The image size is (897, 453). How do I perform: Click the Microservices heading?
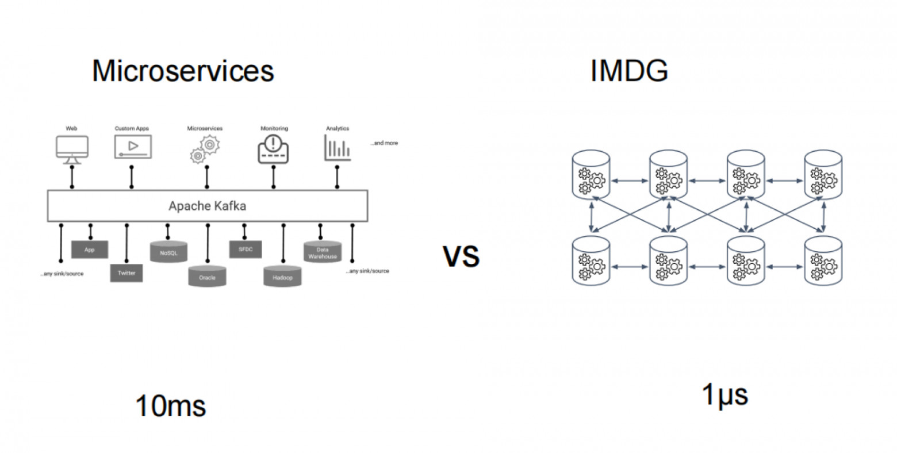(183, 71)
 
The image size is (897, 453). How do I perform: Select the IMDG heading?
(629, 71)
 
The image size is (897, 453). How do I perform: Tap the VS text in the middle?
(461, 256)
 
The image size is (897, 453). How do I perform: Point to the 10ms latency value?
(170, 406)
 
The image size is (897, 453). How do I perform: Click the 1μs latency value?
(724, 395)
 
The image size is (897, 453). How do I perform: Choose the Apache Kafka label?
(207, 206)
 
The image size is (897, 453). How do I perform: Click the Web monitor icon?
(72, 147)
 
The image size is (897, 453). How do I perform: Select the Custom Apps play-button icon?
(132, 147)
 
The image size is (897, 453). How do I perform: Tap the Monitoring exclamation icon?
(273, 148)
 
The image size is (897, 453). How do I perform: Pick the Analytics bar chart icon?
(337, 148)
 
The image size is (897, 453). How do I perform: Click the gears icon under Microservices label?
(205, 149)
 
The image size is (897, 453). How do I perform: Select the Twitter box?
(126, 273)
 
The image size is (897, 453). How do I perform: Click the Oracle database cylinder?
(207, 277)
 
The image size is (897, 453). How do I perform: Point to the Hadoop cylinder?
(282, 277)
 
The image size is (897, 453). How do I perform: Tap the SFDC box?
(246, 249)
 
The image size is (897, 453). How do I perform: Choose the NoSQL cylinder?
(168, 252)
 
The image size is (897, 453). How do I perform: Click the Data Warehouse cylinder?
(323, 252)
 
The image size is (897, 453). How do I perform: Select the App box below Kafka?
(90, 249)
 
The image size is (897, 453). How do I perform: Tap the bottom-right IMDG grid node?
(823, 260)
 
